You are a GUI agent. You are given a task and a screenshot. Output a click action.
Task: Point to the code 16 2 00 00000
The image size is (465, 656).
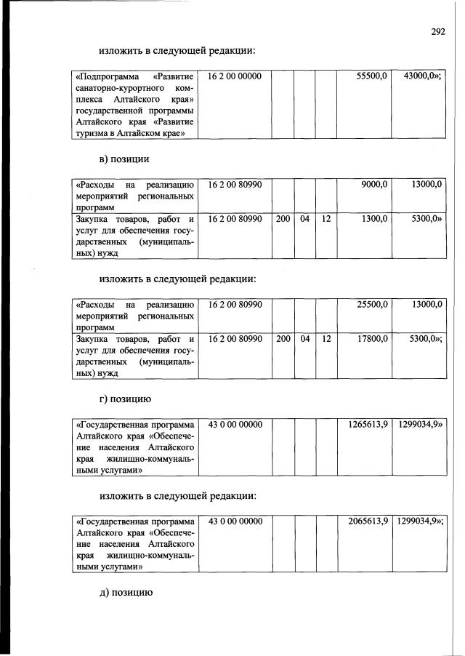[235, 76]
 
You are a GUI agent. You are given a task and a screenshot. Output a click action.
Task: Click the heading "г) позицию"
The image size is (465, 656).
[125, 399]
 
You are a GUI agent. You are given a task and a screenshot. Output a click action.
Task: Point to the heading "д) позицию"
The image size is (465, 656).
[125, 593]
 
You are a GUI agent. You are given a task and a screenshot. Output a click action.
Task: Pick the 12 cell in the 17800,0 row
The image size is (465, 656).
[326, 338]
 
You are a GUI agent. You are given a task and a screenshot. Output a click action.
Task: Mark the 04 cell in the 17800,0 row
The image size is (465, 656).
[305, 338]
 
